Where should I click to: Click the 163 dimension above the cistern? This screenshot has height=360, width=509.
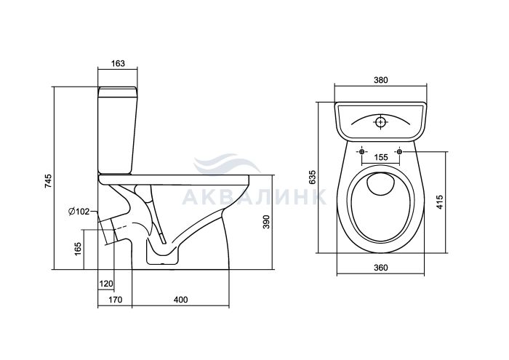pyautogui.click(x=118, y=63)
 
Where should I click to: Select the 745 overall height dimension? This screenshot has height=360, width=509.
pyautogui.click(x=48, y=181)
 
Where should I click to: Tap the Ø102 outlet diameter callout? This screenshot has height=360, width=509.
pyautogui.click(x=79, y=212)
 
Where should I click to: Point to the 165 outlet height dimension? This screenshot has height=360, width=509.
pyautogui.click(x=78, y=249)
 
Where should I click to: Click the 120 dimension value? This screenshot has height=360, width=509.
pyautogui.click(x=106, y=284)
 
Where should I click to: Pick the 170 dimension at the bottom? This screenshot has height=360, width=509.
pyautogui.click(x=115, y=300)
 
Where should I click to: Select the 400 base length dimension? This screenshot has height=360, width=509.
pyautogui.click(x=180, y=300)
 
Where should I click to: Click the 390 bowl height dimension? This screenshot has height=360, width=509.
pyautogui.click(x=266, y=222)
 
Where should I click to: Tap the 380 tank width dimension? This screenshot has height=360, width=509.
pyautogui.click(x=380, y=80)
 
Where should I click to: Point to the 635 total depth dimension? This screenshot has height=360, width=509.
pyautogui.click(x=312, y=177)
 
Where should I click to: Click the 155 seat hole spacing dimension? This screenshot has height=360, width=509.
pyautogui.click(x=380, y=157)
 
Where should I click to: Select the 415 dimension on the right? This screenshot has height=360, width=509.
pyautogui.click(x=439, y=202)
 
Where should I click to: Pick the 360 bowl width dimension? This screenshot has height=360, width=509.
pyautogui.click(x=380, y=268)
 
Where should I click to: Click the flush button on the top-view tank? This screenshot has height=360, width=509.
pyautogui.click(x=380, y=122)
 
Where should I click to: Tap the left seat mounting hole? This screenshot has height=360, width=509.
pyautogui.click(x=362, y=151)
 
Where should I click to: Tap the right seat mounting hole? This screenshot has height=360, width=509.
pyautogui.click(x=399, y=151)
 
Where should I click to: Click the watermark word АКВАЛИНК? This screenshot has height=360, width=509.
pyautogui.click(x=254, y=196)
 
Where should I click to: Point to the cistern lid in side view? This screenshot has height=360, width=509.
pyautogui.click(x=118, y=92)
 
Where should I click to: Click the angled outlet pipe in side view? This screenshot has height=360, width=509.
pyautogui.click(x=109, y=230)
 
